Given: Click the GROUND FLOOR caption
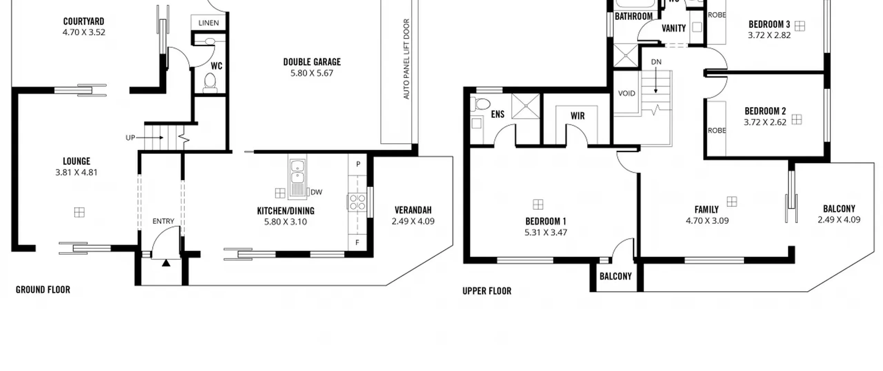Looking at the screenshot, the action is (x=43, y=290).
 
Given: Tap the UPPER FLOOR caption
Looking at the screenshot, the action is (x=487, y=291).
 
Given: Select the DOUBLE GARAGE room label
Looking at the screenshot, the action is (x=312, y=62).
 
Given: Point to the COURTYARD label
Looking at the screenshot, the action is (x=83, y=21).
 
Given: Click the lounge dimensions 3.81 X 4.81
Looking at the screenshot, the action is (x=77, y=172).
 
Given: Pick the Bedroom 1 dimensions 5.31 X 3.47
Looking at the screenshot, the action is (x=546, y=232).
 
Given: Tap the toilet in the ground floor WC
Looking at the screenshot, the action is (x=210, y=83).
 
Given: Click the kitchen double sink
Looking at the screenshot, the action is (x=297, y=171).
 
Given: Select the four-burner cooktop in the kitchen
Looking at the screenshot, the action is (x=357, y=202).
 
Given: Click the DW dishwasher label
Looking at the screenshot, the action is (x=316, y=192).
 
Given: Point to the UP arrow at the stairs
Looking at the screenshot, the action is (x=149, y=137).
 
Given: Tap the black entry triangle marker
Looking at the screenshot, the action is (x=166, y=263).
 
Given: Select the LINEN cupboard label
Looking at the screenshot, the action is (x=208, y=23).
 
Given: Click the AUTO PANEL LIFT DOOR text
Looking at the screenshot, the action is (x=406, y=59).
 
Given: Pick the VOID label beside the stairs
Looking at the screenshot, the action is (x=626, y=93).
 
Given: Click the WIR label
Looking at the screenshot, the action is (x=577, y=116).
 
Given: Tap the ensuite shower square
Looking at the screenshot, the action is (x=526, y=106).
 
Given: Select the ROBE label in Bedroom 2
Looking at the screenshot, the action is (x=717, y=130).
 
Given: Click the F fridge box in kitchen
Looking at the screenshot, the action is (x=357, y=243).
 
